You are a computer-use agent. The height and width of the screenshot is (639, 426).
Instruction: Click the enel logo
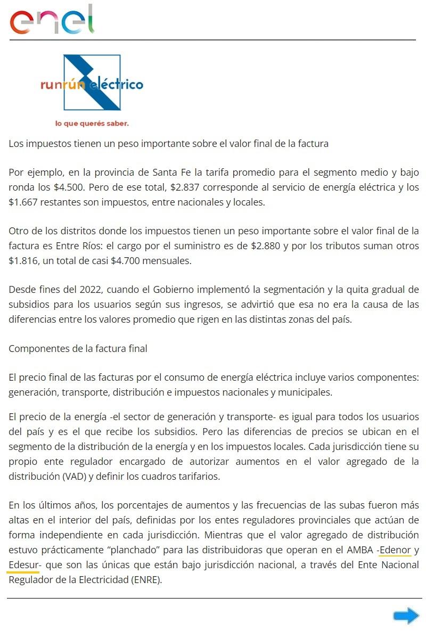52,20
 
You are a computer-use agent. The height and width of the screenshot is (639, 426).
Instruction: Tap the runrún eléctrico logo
92,84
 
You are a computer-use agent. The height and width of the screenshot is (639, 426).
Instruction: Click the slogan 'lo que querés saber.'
92,124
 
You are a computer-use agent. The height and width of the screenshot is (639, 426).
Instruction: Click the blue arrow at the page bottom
406,616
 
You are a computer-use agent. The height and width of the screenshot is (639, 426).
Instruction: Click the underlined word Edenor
395,550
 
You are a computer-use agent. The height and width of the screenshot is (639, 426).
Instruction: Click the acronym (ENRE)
145,579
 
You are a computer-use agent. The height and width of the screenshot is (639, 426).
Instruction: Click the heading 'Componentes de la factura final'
78,348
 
